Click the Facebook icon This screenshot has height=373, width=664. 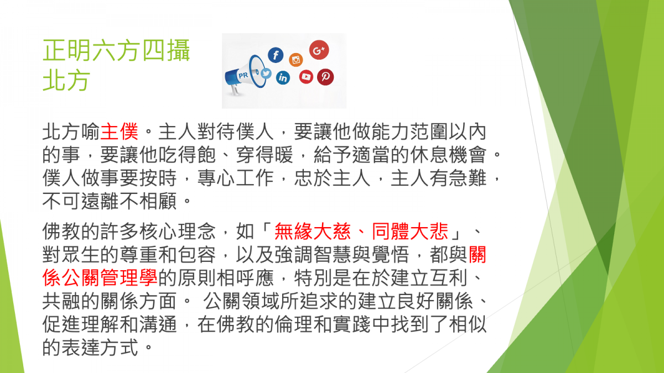click(x=276, y=55)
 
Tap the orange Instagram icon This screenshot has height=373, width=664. click(x=296, y=60)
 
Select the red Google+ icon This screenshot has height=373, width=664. click(x=319, y=50)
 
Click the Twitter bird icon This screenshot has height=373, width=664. click(x=266, y=73)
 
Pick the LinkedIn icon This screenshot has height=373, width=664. click(x=283, y=78)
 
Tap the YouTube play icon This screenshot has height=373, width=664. click(x=306, y=77)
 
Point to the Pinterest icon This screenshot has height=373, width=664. click(x=325, y=77)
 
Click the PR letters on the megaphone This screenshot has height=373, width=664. click(x=243, y=76)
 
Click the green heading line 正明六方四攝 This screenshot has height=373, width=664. click(x=116, y=51)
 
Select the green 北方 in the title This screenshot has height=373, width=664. click(x=66, y=80)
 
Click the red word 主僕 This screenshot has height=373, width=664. click(x=119, y=132)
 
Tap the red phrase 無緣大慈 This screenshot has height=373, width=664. click(x=313, y=231)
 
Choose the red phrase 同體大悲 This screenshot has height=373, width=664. click(x=410, y=231)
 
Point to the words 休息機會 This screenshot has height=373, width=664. click(x=448, y=155)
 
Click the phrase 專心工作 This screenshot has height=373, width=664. click(x=235, y=178)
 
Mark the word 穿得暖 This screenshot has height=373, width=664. click(x=264, y=155)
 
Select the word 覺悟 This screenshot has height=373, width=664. click(x=391, y=255)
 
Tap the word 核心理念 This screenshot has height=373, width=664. click(x=177, y=231)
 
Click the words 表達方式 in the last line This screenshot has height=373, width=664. click(x=100, y=348)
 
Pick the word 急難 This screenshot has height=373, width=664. click(x=468, y=178)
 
